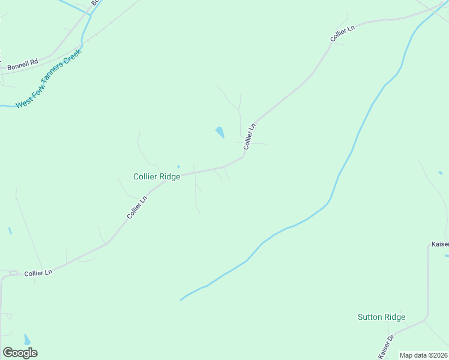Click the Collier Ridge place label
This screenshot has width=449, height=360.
[x=157, y=177]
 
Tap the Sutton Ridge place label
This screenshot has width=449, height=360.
[x=381, y=317]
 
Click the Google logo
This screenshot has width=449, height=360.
[x=20, y=353]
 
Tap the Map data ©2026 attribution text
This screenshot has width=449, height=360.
[x=424, y=355]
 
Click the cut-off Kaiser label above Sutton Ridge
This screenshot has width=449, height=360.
[x=439, y=245]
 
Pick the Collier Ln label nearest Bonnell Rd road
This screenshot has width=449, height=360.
[x=343, y=34]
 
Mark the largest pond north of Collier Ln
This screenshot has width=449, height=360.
[x=220, y=132]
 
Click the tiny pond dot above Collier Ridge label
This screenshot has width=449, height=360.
[x=178, y=167]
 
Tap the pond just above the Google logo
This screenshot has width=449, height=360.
[x=26, y=340]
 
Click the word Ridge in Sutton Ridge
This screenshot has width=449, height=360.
[x=395, y=317]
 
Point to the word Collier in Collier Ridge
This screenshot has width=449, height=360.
[x=145, y=177]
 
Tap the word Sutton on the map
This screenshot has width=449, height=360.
[x=370, y=317]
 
